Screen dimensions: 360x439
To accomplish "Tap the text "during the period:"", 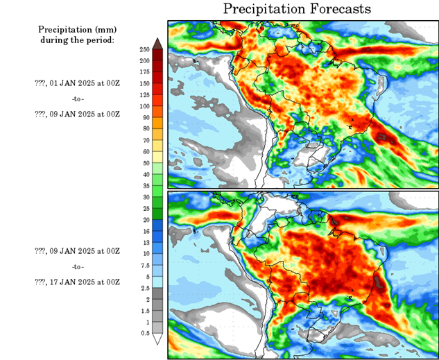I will (x=76, y=40).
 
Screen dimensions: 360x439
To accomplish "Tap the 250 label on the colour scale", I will (x=144, y=50).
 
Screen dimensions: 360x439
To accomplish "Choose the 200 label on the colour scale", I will (x=144, y=61).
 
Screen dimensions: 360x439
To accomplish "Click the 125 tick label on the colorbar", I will (x=144, y=95).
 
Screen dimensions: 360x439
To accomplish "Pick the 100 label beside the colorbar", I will (x=144, y=106).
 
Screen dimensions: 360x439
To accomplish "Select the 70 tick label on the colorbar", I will (x=144, y=140).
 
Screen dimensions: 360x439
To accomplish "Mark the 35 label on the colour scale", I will (x=144, y=185).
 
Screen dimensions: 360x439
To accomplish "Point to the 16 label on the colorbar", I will (x=144, y=230).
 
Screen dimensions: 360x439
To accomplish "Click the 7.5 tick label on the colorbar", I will (x=144, y=264).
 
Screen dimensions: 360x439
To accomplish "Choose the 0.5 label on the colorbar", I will (x=144, y=333).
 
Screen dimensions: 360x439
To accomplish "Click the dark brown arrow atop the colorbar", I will (x=158, y=44).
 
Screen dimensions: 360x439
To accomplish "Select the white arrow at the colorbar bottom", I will (x=158, y=339).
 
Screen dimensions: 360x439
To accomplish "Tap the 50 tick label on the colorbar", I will (x=144, y=162).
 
